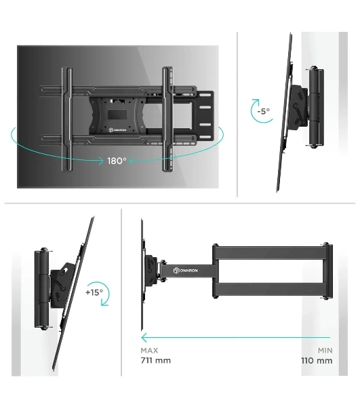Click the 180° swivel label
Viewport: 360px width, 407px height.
117,161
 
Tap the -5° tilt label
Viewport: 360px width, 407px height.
264,111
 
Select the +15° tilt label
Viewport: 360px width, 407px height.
94,292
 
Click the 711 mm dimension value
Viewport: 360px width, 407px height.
156,361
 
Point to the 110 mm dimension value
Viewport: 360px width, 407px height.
317,361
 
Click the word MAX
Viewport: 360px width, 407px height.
149,351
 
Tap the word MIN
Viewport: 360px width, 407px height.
325,351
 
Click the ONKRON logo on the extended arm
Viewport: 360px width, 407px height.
186,271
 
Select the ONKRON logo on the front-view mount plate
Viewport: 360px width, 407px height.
117,130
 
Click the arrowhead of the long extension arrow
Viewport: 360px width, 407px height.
144,338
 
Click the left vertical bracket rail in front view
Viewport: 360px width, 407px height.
66,119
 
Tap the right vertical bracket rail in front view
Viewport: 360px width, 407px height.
167,119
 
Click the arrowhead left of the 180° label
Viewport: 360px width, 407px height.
100,161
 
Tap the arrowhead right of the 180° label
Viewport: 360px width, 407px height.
132,161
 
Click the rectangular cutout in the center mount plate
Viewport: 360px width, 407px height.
117,115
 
